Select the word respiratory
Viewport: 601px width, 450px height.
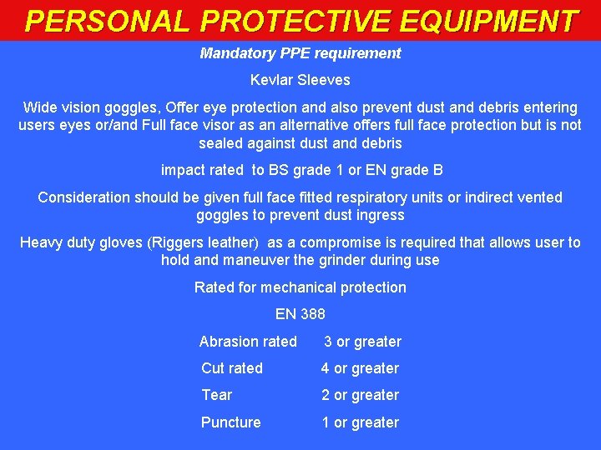(430, 197)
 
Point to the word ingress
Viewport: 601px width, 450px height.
(381, 215)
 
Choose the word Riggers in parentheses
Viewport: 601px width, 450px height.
(176, 242)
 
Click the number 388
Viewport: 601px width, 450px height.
(312, 314)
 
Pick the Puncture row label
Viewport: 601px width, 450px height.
(230, 422)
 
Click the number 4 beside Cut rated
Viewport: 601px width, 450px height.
(326, 368)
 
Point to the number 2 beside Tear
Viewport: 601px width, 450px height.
(326, 395)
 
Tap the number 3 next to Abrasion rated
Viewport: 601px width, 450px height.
(328, 342)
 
